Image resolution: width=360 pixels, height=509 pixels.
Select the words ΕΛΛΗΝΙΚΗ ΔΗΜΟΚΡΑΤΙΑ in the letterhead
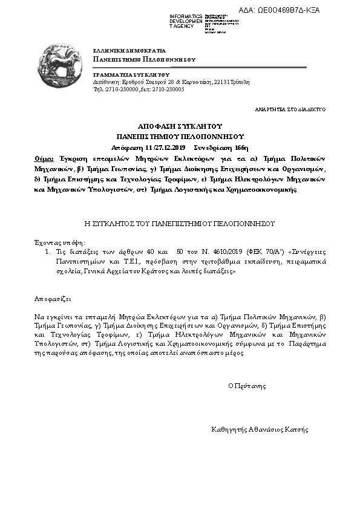129,51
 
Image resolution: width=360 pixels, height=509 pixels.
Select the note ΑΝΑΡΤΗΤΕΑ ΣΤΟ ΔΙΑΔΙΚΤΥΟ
291,109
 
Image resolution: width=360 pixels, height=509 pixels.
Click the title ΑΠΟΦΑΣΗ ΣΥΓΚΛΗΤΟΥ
180,128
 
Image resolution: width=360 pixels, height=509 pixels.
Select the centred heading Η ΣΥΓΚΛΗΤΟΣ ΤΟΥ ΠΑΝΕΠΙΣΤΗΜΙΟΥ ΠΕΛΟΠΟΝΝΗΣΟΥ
180,223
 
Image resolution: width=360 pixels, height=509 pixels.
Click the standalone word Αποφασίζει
52,299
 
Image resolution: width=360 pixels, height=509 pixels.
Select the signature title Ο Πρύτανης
247,385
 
